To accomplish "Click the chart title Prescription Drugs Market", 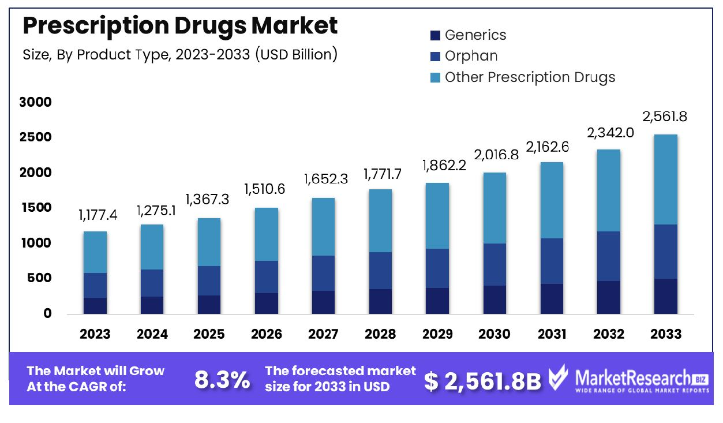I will tap(180, 26).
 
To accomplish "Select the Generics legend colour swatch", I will tap(435, 35).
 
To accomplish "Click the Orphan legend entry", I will tap(471, 56).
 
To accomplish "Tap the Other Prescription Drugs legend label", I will tap(530, 77).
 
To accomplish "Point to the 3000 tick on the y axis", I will tap(35, 102).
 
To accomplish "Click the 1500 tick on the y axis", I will tap(35, 208).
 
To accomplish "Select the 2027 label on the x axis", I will tap(323, 334).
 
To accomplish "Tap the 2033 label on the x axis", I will tap(665, 334).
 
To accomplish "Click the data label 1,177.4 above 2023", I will tap(98, 216).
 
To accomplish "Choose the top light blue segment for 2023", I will tap(95, 252).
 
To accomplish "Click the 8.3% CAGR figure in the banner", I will tap(222, 380).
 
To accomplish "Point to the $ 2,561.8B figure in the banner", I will tap(482, 380).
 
